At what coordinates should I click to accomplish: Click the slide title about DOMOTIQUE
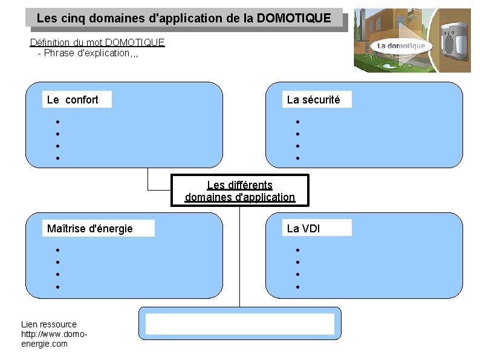click(x=184, y=18)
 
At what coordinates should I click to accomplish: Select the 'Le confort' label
click(x=73, y=100)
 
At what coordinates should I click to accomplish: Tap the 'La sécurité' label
click(x=313, y=100)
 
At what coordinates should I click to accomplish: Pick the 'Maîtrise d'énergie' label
click(x=90, y=229)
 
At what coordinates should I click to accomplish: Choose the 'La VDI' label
click(x=303, y=229)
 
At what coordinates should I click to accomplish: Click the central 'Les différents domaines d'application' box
click(x=240, y=191)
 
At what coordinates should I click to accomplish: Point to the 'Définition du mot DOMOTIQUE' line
click(x=97, y=42)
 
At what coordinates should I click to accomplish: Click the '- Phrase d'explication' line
click(x=88, y=53)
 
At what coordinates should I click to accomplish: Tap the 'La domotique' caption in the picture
click(x=401, y=46)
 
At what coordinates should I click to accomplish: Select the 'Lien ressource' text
click(x=49, y=324)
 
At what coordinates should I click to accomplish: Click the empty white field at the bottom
click(x=240, y=324)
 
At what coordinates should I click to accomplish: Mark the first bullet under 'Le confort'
click(x=57, y=122)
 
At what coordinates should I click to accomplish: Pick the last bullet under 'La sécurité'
click(x=297, y=159)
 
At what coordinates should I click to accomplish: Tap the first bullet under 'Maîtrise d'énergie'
click(x=57, y=250)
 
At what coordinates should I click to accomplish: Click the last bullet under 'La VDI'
click(x=297, y=287)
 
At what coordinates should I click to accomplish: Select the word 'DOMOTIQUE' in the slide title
click(x=294, y=18)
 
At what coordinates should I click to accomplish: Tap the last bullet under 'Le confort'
click(x=57, y=159)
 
